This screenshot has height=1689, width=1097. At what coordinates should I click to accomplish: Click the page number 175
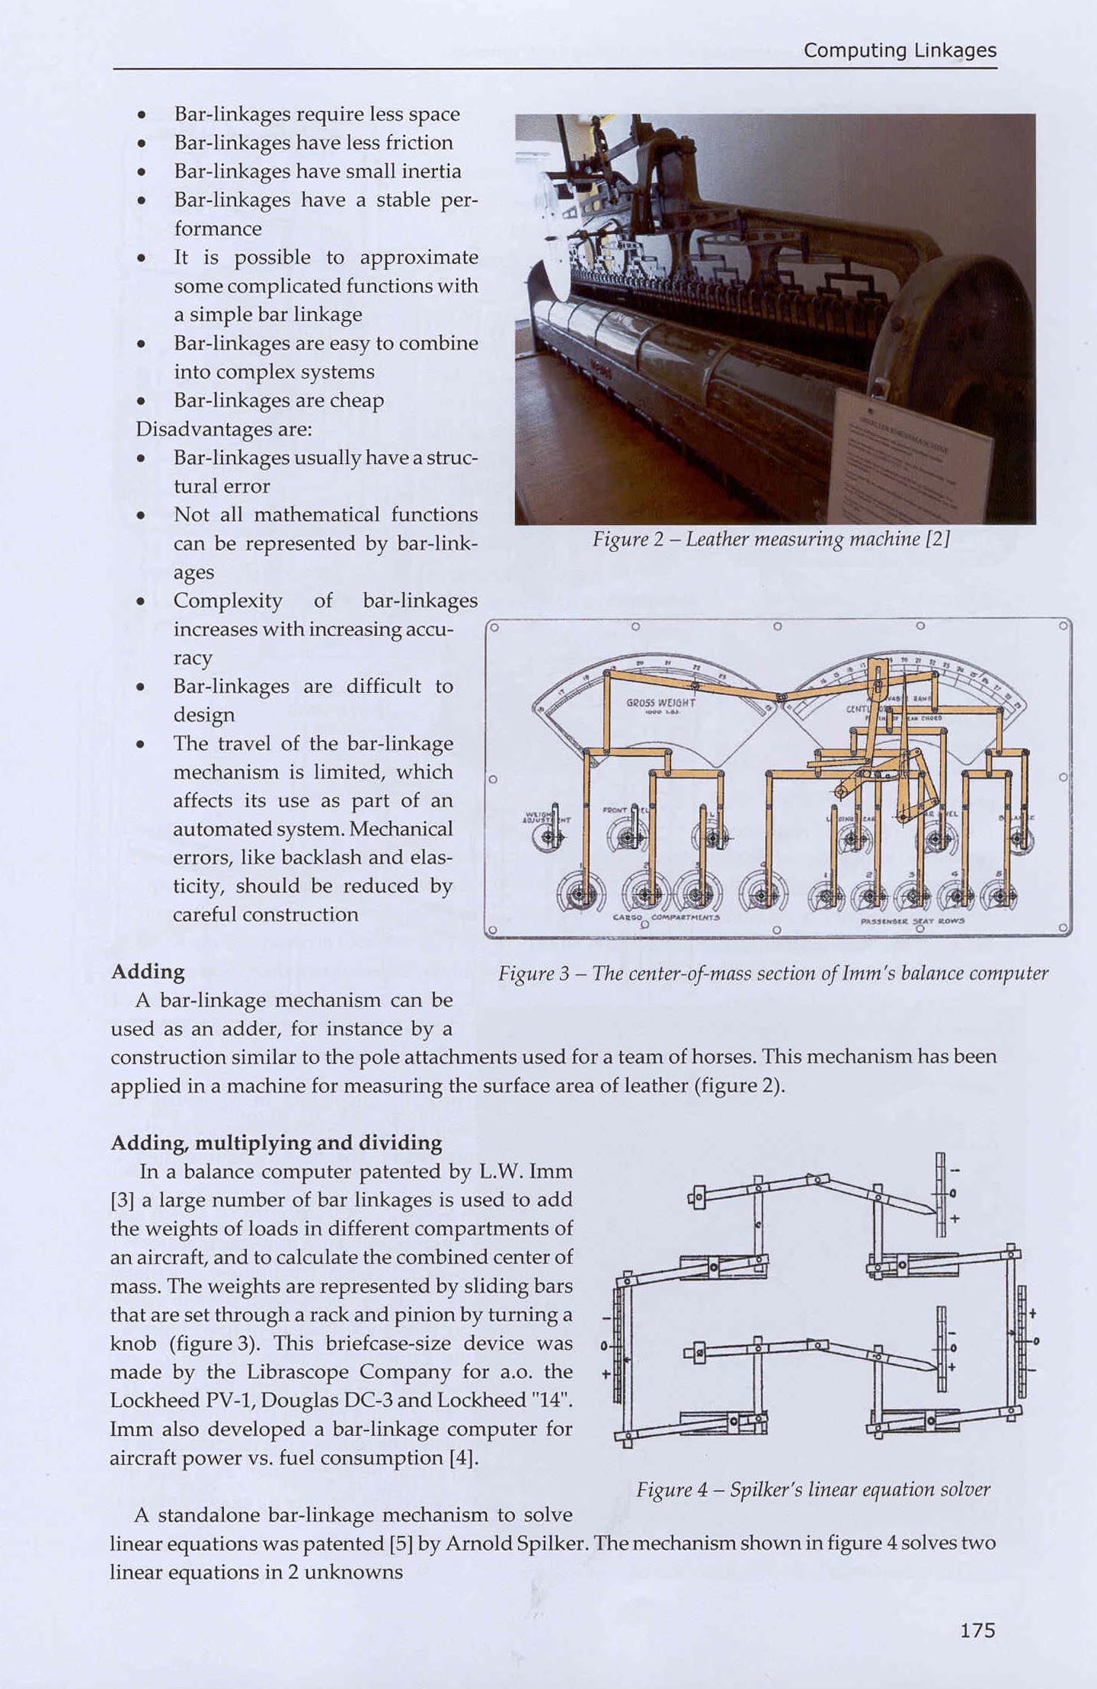click(977, 1630)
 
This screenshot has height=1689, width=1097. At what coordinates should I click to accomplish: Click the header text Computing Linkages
click(900, 50)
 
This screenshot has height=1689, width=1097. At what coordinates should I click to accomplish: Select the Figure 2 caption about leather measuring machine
click(771, 540)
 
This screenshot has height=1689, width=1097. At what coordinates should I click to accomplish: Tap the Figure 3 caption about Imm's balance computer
click(773, 973)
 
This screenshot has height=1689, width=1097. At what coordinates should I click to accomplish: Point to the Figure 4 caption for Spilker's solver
click(813, 1489)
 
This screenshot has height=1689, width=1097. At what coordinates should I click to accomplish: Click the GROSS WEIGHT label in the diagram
click(660, 702)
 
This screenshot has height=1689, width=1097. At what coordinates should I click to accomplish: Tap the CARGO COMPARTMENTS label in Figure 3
click(666, 918)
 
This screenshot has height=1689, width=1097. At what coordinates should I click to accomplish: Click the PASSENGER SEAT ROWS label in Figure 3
click(912, 921)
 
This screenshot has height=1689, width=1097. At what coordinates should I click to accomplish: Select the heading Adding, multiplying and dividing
click(277, 1143)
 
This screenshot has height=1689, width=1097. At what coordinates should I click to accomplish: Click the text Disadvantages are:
click(224, 429)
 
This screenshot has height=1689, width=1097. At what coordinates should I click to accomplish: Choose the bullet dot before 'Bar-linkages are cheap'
click(141, 402)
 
